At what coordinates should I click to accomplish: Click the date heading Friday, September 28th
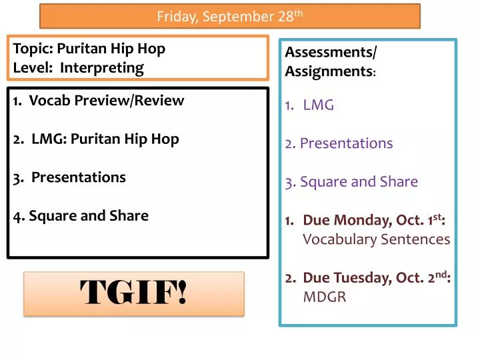tap(229, 17)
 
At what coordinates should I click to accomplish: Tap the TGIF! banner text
tap(134, 293)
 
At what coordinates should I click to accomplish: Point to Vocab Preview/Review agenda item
tap(107, 101)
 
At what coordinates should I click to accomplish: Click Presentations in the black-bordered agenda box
tap(79, 177)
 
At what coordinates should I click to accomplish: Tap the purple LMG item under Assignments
tap(319, 105)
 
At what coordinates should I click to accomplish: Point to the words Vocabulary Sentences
tap(377, 239)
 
